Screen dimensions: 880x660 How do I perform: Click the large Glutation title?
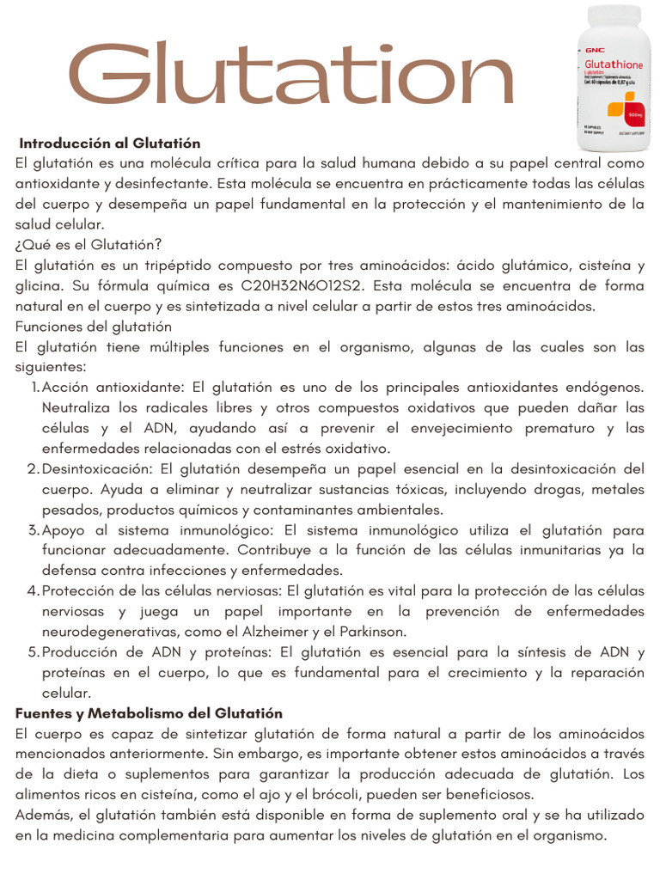290,76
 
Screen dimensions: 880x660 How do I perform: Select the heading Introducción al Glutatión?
109,143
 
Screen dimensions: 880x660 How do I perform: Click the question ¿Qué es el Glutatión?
89,245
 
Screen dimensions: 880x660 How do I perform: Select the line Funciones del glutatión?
94,327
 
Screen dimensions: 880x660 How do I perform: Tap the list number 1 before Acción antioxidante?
34,387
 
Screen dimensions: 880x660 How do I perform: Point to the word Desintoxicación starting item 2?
95,468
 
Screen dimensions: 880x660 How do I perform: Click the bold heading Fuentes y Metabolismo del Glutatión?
150,713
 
